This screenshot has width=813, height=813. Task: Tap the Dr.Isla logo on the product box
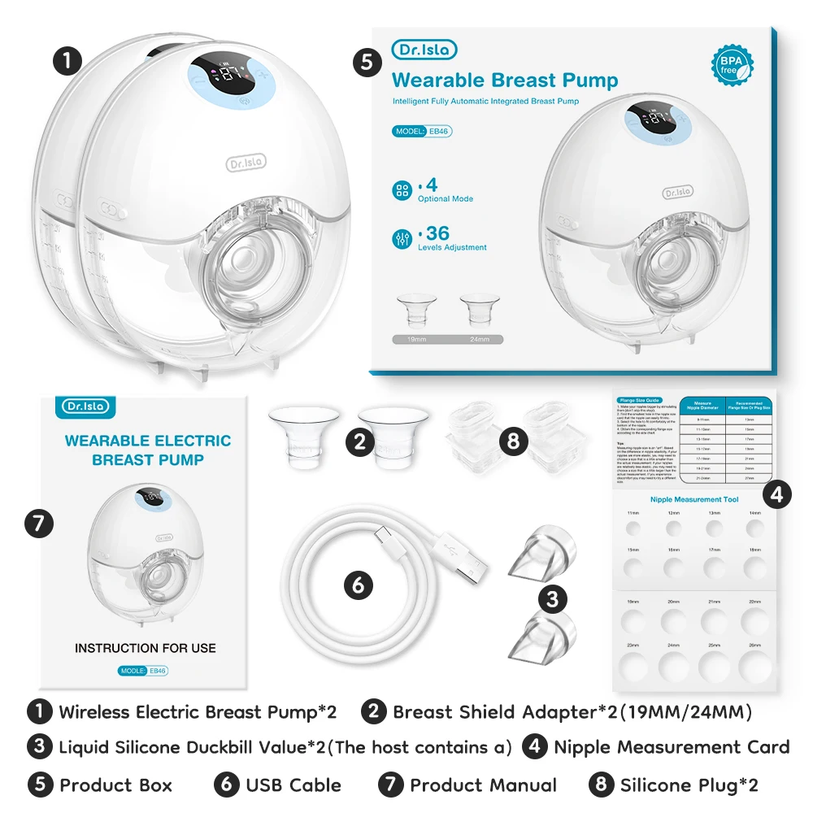424,50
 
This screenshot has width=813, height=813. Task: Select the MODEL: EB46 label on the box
422,131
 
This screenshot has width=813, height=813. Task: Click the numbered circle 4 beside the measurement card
777,494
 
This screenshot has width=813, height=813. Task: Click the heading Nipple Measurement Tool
693,499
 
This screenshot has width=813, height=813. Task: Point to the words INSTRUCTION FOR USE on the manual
146,648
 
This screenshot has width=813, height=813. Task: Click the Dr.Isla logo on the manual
84,406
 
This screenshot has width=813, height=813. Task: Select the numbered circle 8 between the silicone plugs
511,441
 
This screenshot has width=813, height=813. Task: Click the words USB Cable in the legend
293,785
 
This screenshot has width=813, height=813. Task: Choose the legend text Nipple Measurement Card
672,747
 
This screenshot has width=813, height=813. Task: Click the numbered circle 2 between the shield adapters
359,441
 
